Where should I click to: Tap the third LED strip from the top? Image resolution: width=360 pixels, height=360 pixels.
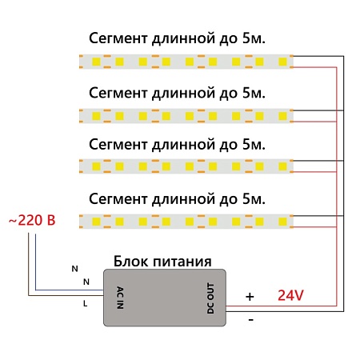pyautogui.click(x=186, y=166)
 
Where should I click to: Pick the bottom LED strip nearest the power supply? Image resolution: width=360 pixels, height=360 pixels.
pyautogui.click(x=186, y=219)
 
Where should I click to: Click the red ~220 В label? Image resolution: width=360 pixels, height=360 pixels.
pyautogui.click(x=32, y=219)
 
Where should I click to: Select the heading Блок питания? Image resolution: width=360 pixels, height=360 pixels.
pyautogui.click(x=162, y=261)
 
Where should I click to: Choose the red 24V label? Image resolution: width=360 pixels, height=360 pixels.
pyautogui.click(x=290, y=295)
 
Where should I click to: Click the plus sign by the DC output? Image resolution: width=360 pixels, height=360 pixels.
pyautogui.click(x=250, y=296)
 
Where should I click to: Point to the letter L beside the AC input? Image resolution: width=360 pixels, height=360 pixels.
pyautogui.click(x=85, y=304)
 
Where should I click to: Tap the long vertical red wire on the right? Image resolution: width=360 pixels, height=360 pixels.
pyautogui.click(x=334, y=192)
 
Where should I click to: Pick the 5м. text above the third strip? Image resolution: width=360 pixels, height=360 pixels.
pyautogui.click(x=251, y=144)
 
